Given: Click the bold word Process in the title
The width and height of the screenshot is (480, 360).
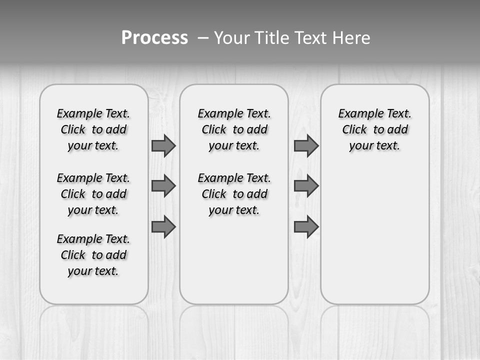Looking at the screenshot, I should click(x=154, y=38).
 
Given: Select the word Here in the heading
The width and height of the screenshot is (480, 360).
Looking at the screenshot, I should click(x=351, y=38).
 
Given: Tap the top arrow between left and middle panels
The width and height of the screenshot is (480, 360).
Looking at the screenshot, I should click(x=163, y=145).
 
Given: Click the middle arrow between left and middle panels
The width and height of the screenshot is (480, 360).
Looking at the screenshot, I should click(x=163, y=186).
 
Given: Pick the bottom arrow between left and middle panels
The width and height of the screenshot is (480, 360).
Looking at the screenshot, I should click(x=163, y=226).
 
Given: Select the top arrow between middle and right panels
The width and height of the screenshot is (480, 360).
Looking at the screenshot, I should click(x=306, y=145).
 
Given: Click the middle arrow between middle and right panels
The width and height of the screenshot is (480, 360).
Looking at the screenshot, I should click(x=306, y=186).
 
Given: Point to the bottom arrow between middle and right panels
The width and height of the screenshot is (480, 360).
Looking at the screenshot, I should click(x=306, y=226).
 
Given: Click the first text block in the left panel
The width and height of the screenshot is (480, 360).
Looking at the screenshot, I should click(x=93, y=129).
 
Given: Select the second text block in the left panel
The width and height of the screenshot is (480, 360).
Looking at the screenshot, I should click(x=93, y=194).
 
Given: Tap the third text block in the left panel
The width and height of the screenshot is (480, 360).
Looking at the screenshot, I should click(x=93, y=255).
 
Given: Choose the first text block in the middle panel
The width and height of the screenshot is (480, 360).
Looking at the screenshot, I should click(x=234, y=129).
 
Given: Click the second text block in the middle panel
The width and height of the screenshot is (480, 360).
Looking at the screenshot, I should click(x=234, y=194).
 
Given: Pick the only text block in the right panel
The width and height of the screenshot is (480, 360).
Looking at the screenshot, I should click(x=375, y=129).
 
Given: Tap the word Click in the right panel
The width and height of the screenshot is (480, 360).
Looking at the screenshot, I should click(x=354, y=130).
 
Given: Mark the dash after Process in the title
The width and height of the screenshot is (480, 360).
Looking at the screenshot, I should click(x=203, y=38).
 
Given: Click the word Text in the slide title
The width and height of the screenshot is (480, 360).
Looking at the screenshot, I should click(x=311, y=38).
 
